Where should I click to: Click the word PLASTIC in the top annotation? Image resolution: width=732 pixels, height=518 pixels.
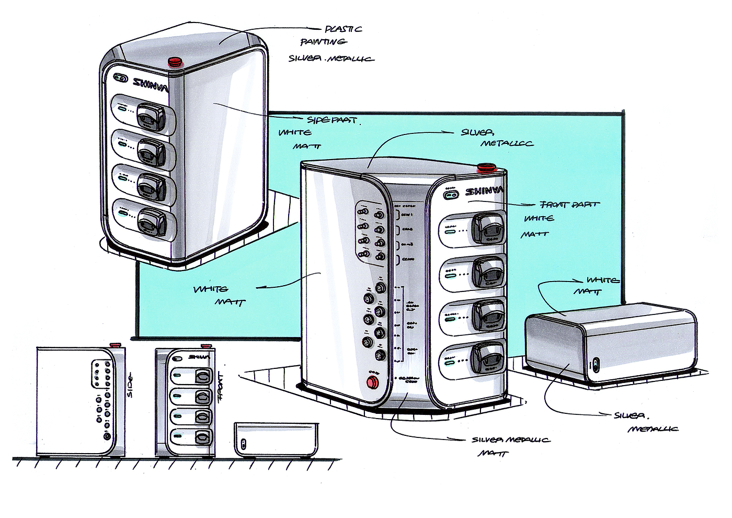click(x=343, y=29)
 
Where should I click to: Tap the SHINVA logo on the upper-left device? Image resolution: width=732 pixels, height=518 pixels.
click(x=150, y=84)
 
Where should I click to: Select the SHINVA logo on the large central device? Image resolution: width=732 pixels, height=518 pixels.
click(x=484, y=192)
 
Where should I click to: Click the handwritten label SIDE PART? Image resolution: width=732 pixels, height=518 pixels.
click(x=332, y=120)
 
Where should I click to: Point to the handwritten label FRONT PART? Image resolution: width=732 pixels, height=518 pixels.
click(x=569, y=205)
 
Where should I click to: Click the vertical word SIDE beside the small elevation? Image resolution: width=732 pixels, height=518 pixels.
click(x=129, y=385)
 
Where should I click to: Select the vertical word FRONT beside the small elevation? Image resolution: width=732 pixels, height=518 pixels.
click(x=220, y=387)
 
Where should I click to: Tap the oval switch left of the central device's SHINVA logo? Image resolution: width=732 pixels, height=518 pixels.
click(x=450, y=194)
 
